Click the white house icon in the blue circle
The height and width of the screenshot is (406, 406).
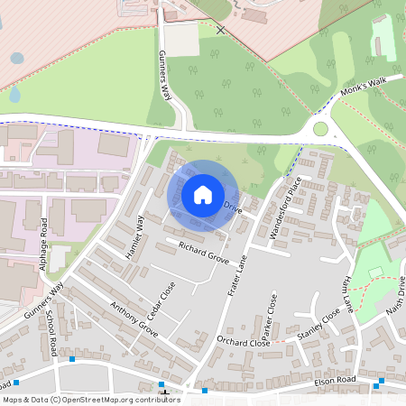(203, 195)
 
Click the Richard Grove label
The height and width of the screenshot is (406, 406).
(203, 252)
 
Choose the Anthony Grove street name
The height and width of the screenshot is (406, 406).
(134, 319)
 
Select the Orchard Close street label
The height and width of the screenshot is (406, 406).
(244, 342)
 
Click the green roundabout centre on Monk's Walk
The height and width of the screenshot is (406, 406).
(320, 129)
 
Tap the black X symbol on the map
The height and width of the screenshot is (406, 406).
(221, 30)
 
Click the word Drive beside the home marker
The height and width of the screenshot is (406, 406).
(233, 208)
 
